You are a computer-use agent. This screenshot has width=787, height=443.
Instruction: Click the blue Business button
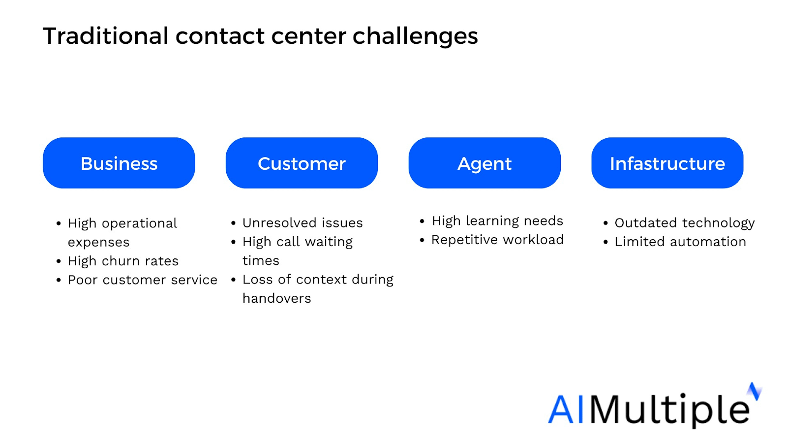pos(119,163)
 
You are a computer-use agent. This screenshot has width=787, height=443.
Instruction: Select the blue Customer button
pos(302,163)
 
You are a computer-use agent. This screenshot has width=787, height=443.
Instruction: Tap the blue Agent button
pos(484,163)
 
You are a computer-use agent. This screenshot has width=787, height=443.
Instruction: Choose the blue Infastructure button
pos(667,163)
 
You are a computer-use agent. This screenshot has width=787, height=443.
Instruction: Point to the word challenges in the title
pos(415,36)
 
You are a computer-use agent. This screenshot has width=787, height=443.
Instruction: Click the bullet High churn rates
pos(123,261)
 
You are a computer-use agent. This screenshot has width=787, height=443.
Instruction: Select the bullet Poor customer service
pos(142,280)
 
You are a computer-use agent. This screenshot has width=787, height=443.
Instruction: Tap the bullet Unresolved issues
pos(303,223)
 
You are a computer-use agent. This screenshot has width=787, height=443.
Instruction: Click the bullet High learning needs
pos(497,221)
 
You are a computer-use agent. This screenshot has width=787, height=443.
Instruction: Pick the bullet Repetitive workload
pos(497,240)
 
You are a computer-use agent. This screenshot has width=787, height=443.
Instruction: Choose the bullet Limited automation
pos(680,242)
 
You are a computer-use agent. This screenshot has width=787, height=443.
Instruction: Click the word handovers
pos(277,298)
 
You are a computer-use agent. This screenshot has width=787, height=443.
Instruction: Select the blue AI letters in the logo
pos(566,409)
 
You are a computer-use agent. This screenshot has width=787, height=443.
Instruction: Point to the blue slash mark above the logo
pos(755,391)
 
